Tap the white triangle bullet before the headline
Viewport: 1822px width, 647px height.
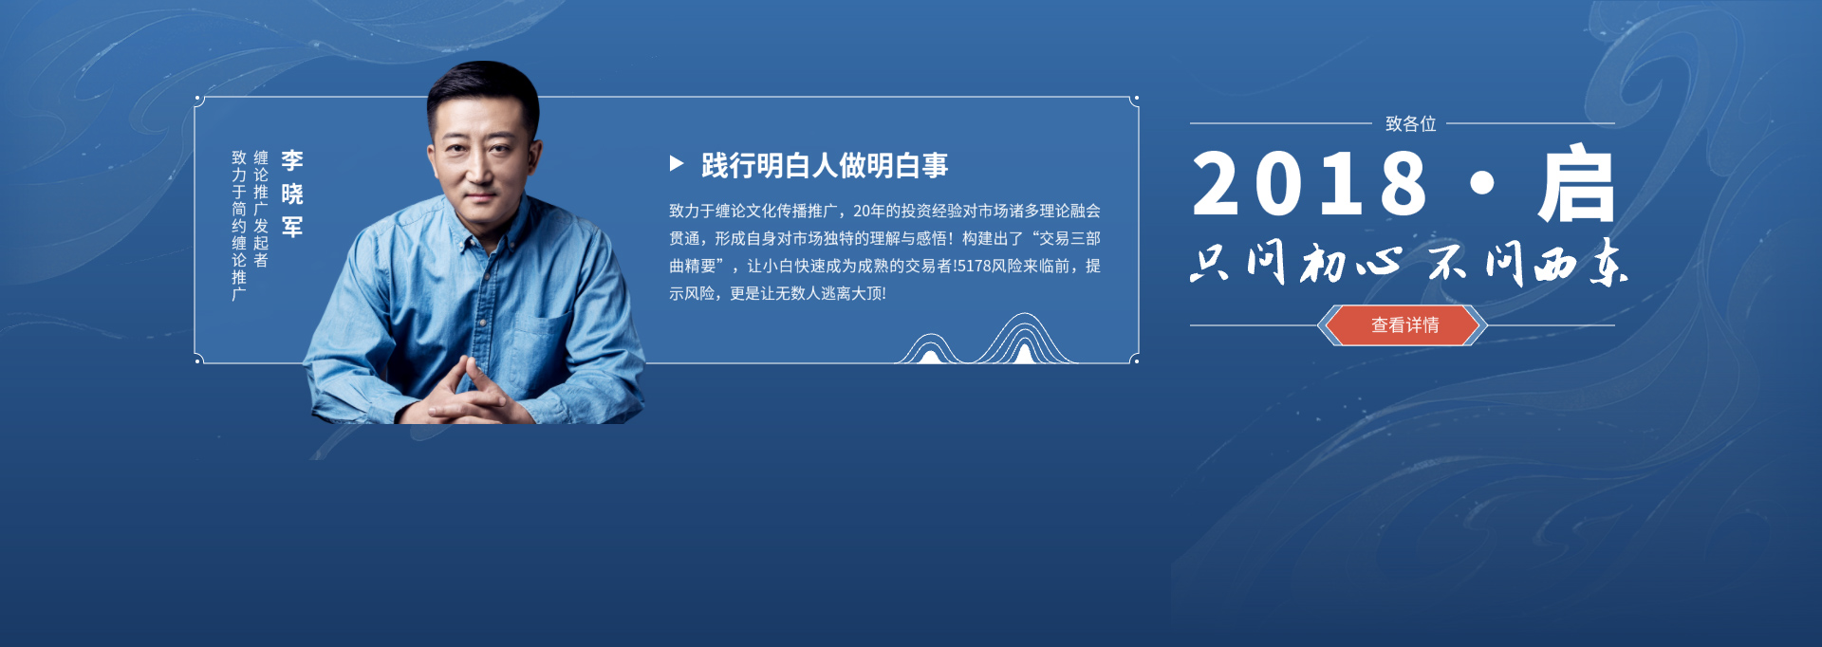pos(677,164)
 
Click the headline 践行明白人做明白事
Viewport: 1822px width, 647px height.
pos(825,165)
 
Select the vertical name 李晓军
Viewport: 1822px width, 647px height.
pos(292,194)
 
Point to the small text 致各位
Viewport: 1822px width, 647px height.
pos(1410,123)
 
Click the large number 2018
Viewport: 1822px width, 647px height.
pos(1310,183)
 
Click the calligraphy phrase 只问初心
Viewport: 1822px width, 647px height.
pos(1296,262)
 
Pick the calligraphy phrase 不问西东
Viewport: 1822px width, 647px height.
pos(1529,262)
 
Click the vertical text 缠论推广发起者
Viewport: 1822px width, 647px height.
pos(261,209)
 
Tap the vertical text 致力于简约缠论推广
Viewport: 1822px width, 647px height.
pos(239,226)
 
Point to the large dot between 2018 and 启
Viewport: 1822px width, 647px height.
pos(1481,183)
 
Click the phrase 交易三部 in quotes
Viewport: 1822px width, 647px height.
pos(1069,238)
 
